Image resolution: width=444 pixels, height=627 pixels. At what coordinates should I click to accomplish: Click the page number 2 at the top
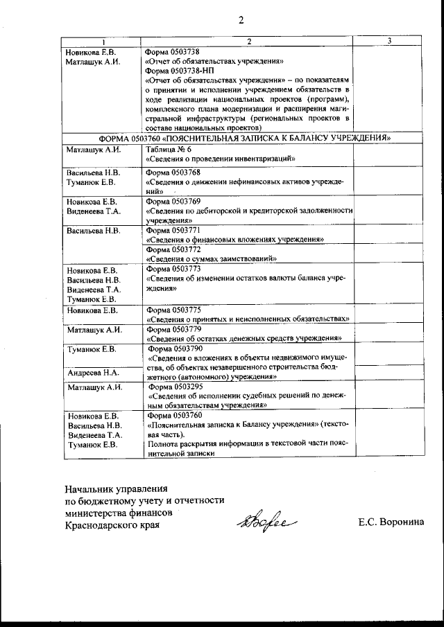point(241,19)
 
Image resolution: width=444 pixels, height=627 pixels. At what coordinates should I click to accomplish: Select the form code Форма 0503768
point(173,171)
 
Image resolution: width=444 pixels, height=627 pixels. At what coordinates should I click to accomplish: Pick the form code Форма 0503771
point(173,229)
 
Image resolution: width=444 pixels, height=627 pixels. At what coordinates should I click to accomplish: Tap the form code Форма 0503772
point(173,249)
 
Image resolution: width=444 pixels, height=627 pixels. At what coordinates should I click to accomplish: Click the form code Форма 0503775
point(173,309)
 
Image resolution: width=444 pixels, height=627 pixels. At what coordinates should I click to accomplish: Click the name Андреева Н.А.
point(94,372)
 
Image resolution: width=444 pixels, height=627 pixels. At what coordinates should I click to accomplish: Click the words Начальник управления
point(117,487)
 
